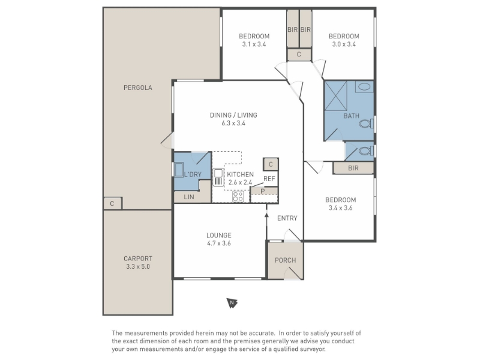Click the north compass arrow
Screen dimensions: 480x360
pos(232,303)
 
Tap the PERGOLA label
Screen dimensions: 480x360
pos(138,88)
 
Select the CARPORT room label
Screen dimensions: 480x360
pos(138,259)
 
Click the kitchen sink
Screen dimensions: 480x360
pos(218,177)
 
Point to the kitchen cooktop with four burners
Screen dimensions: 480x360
pos(238,196)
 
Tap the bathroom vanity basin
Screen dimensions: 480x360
pos(364,86)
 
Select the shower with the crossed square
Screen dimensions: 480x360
pos(335,95)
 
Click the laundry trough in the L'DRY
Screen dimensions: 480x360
pos(179,170)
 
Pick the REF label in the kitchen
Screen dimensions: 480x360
pos(269,179)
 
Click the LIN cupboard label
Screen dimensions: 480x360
pos(189,197)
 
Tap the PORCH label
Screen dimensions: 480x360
pos(286,260)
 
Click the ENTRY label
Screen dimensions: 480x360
pos(287,218)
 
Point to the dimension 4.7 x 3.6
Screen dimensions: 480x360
pos(219,244)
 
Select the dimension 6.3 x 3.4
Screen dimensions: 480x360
pos(233,124)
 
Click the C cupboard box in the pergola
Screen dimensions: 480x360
pos(112,203)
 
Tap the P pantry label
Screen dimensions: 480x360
pos(263,191)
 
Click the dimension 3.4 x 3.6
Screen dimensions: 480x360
pos(340,208)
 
